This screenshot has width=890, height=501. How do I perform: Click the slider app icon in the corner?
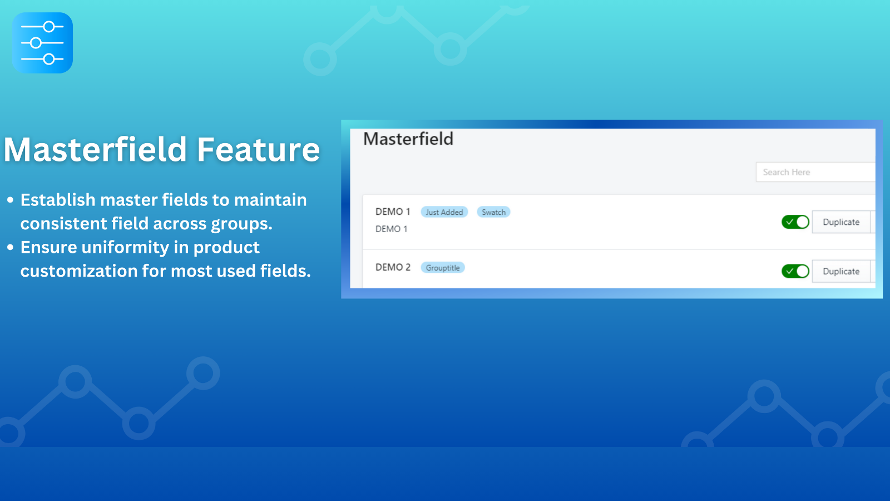pyautogui.click(x=42, y=42)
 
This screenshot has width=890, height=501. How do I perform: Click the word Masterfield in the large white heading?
pyautogui.click(x=95, y=150)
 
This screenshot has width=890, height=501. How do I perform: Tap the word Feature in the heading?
pyautogui.click(x=258, y=150)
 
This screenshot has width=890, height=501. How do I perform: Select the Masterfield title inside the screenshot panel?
pyautogui.click(x=408, y=139)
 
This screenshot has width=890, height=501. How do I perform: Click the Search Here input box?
pyautogui.click(x=815, y=172)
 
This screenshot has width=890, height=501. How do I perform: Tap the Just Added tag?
pyautogui.click(x=444, y=212)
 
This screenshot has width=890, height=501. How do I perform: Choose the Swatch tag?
pyautogui.click(x=493, y=212)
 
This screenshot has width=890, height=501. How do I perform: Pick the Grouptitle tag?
pyautogui.click(x=443, y=268)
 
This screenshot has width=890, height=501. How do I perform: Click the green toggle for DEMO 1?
pyautogui.click(x=795, y=222)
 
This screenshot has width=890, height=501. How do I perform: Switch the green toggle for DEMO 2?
pyautogui.click(x=795, y=271)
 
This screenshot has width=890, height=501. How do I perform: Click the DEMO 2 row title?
pyautogui.click(x=393, y=267)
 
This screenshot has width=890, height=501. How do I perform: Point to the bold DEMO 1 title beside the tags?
pyautogui.click(x=393, y=212)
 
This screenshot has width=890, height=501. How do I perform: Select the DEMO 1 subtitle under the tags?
pyautogui.click(x=392, y=229)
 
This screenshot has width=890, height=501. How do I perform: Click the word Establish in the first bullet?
pyautogui.click(x=58, y=200)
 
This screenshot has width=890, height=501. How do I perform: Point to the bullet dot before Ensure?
pyautogui.click(x=11, y=247)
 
